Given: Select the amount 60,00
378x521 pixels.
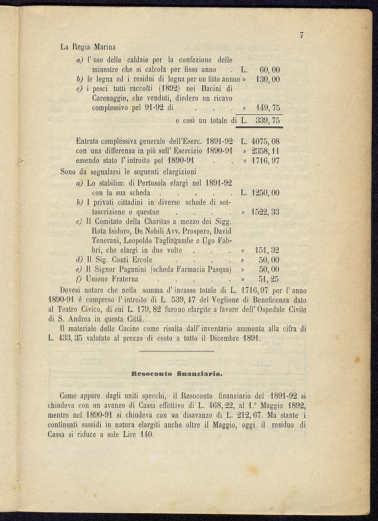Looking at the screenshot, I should click(269, 70).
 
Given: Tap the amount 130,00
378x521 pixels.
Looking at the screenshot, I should click(268, 79).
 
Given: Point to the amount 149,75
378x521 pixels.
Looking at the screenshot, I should click(268, 108).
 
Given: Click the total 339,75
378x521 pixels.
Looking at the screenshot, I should click(268, 121).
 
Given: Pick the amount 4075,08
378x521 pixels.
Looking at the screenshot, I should click(266, 142).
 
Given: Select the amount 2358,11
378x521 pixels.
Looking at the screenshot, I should click(266, 151).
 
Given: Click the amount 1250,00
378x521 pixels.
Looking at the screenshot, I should click(265, 193).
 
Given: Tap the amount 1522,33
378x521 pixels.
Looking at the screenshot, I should click(265, 212).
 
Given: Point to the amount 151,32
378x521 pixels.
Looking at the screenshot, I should click(267, 251).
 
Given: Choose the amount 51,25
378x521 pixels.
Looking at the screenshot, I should click(269, 279).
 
